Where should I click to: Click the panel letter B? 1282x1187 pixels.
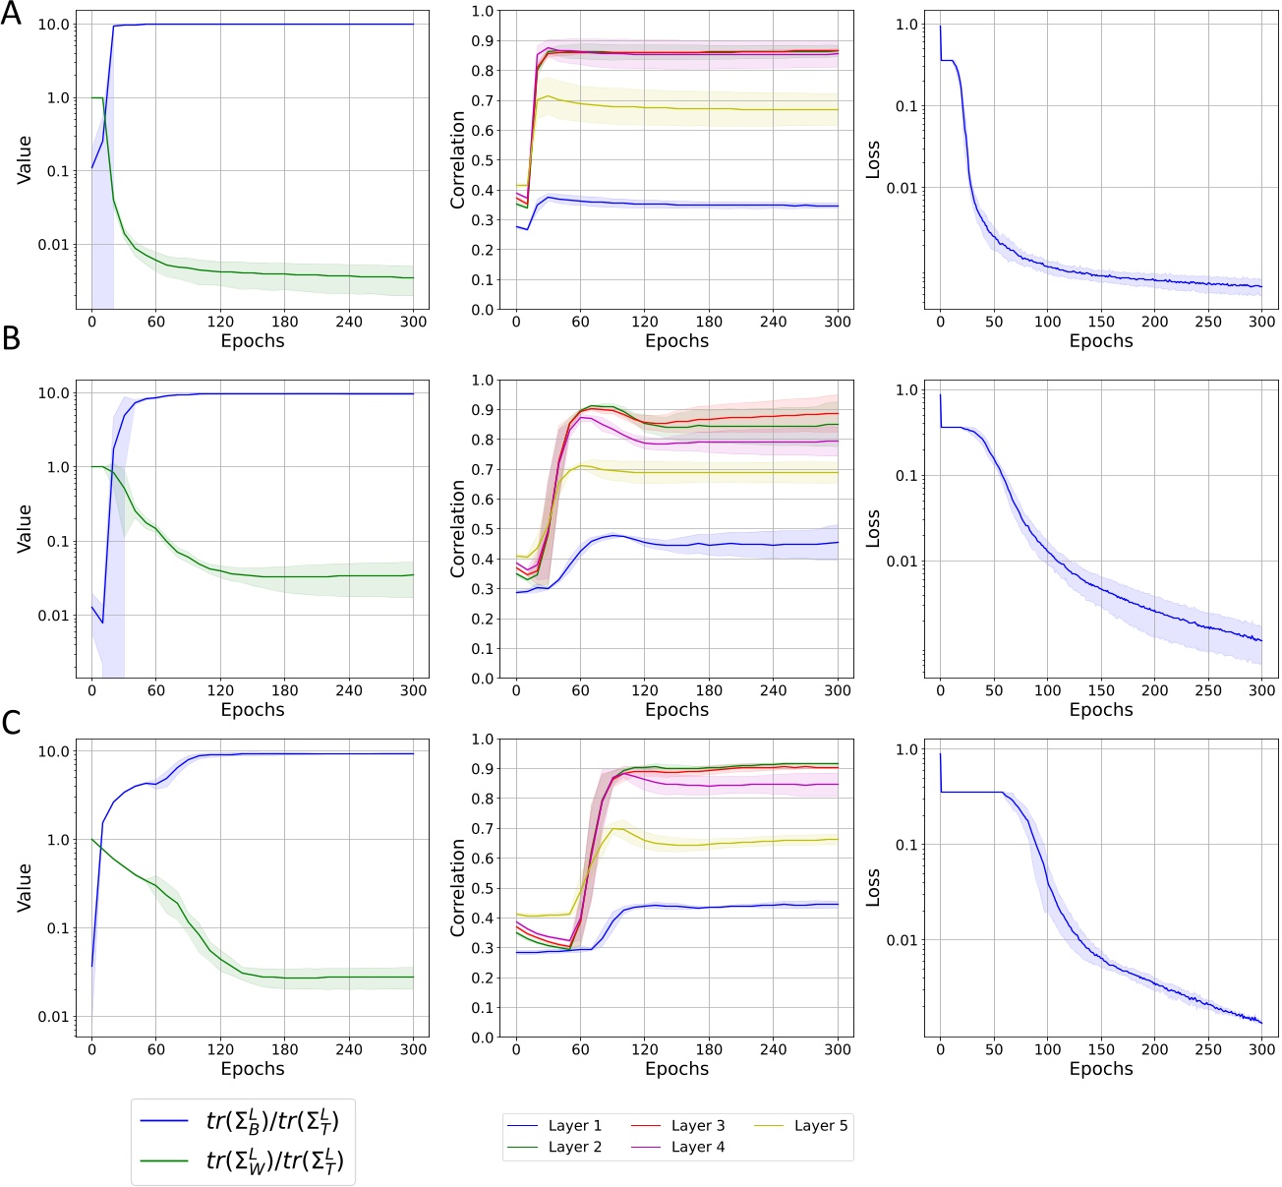coord(11,338)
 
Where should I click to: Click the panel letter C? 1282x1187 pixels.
coord(11,723)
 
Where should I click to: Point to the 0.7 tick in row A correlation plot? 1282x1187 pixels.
coord(482,100)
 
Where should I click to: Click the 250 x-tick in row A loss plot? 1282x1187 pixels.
coord(1207,322)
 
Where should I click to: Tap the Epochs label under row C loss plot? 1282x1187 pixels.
coord(1101,1069)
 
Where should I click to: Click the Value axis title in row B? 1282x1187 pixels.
coord(25,527)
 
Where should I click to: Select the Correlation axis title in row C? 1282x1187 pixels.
coord(457,887)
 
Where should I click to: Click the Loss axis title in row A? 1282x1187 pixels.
coord(872,159)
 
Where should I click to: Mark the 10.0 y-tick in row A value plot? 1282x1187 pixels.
coord(54,24)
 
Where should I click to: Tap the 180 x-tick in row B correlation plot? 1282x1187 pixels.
coord(709,690)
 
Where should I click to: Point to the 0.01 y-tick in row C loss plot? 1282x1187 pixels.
coord(902,940)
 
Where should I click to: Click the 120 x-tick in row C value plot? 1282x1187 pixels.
coord(220,1049)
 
